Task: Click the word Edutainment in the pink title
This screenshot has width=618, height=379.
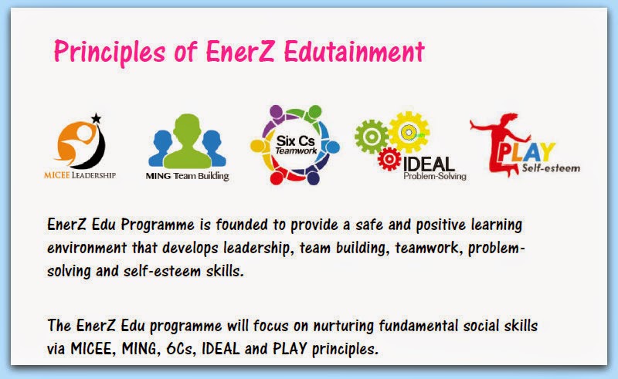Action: (354, 52)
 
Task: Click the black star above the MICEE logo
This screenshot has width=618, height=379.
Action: (96, 118)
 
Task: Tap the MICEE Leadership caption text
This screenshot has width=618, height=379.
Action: (80, 175)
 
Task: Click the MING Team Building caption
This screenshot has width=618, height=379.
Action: (187, 176)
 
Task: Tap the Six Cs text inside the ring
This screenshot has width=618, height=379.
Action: (296, 140)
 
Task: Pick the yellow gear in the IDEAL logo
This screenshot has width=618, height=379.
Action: (409, 132)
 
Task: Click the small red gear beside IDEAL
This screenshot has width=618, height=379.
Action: (389, 159)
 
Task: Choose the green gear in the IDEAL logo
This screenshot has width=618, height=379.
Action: (372, 137)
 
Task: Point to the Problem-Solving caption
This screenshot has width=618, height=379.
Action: (435, 176)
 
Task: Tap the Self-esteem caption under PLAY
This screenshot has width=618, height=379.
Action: (551, 168)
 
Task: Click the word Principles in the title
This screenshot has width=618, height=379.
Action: (110, 52)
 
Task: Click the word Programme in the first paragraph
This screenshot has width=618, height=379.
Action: (158, 225)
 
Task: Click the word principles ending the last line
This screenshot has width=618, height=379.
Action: (345, 350)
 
